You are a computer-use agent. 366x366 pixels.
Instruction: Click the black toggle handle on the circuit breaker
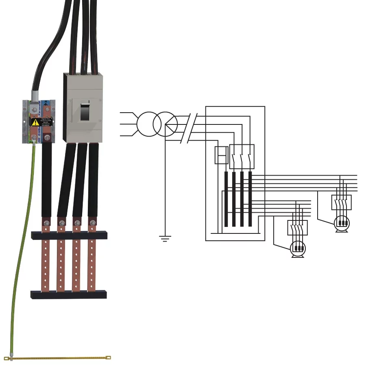click(x=85, y=111)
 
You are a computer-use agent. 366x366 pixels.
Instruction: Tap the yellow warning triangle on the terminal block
click(x=35, y=122)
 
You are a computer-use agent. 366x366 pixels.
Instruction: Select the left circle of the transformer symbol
click(x=147, y=124)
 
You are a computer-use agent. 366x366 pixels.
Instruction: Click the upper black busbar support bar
click(x=69, y=235)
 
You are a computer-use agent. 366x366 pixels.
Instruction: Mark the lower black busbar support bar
click(x=69, y=294)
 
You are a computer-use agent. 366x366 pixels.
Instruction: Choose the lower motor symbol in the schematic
click(x=299, y=248)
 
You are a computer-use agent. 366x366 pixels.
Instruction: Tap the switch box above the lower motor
click(x=298, y=228)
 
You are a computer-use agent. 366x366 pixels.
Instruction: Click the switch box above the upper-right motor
click(x=342, y=202)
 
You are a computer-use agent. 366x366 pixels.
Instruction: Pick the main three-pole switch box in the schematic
click(x=242, y=157)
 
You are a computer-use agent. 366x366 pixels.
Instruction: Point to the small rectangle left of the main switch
click(x=221, y=155)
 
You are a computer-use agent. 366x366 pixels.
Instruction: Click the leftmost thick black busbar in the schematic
click(x=226, y=199)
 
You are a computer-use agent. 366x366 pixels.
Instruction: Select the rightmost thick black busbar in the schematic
click(x=250, y=199)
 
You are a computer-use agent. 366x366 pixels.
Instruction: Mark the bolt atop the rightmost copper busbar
click(x=93, y=222)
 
